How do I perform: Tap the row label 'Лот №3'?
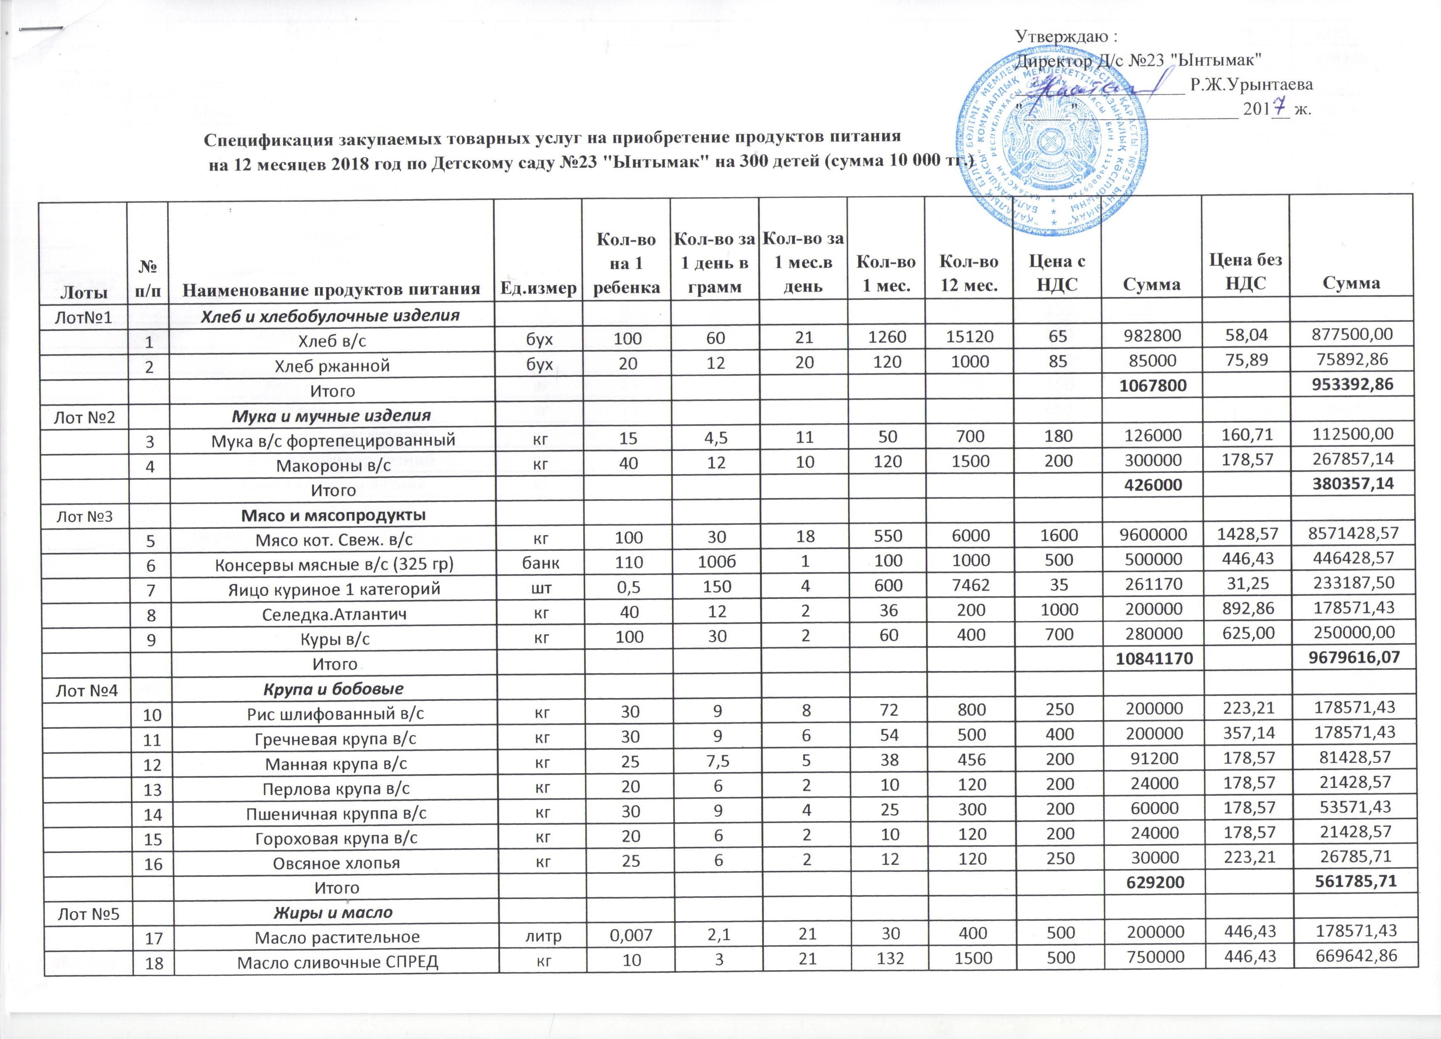[85, 515]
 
